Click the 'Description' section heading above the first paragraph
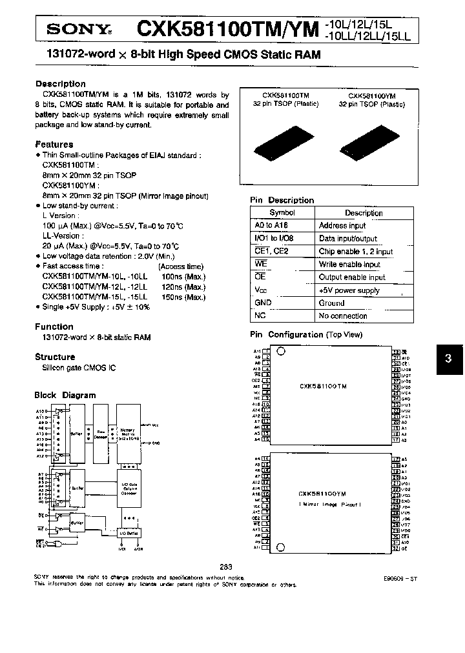(60, 84)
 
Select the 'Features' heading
(54, 145)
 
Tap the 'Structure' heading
(55, 357)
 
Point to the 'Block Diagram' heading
(65, 395)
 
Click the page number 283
(226, 567)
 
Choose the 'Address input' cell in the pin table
(342, 226)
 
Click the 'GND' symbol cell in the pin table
(263, 303)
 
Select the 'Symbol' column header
(282, 213)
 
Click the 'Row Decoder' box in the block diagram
(101, 434)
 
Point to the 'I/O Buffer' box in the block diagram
(129, 534)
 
